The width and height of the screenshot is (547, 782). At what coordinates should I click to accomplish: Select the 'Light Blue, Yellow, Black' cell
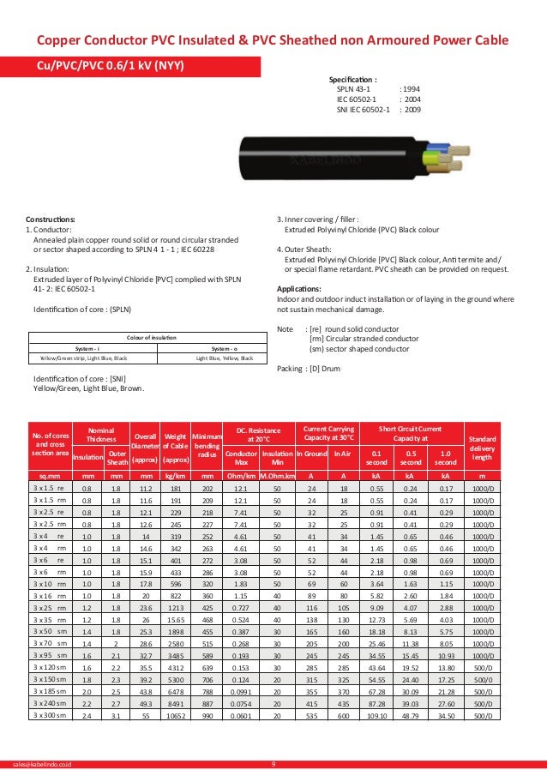pos(225,358)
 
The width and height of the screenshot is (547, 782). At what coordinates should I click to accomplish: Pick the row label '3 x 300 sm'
pos(50,714)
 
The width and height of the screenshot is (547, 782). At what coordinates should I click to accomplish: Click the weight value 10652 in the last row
pos(175,714)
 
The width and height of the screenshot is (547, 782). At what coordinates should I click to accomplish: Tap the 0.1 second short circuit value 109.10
pos(376,714)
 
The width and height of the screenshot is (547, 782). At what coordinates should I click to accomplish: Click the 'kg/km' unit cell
pos(175,474)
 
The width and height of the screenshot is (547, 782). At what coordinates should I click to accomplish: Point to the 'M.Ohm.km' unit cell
pos(277,474)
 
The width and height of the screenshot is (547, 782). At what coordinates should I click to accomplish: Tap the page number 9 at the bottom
pos(273,762)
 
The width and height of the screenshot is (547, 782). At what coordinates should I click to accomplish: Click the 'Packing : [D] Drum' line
pos(310,369)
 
